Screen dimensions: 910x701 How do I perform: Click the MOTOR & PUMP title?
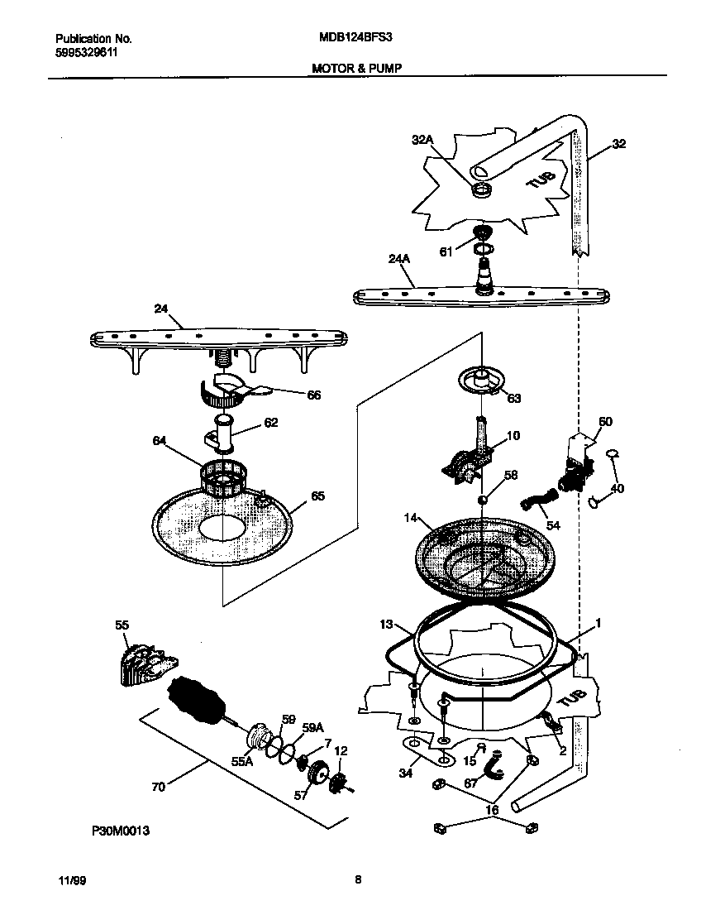(356, 69)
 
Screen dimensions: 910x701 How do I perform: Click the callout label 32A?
(422, 141)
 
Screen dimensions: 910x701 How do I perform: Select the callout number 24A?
(398, 259)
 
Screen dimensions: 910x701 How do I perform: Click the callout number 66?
(313, 395)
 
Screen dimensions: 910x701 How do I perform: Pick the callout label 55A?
(241, 762)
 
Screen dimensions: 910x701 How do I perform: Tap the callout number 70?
(157, 786)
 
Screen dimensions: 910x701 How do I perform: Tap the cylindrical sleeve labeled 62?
(225, 435)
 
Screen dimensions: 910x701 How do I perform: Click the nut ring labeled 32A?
(479, 192)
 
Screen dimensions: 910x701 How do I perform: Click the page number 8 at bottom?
(357, 880)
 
